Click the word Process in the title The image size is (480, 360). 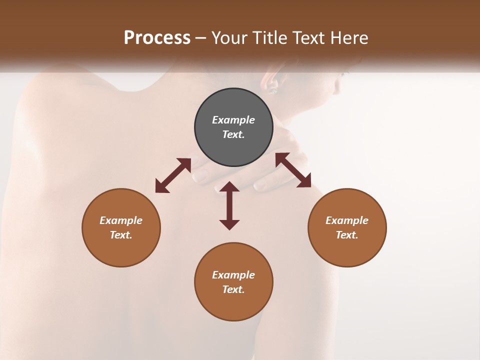pyautogui.click(x=157, y=38)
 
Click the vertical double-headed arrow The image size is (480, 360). pyautogui.click(x=229, y=205)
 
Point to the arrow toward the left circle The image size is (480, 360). pyautogui.click(x=173, y=175)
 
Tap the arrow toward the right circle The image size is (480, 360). pyautogui.click(x=293, y=170)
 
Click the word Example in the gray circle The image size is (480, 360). pyautogui.click(x=233, y=120)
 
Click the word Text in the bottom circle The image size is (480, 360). pyautogui.click(x=233, y=289)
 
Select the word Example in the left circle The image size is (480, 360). pyautogui.click(x=121, y=220)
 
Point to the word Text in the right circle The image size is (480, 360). pyautogui.click(x=347, y=235)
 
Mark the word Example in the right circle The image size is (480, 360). pyautogui.click(x=347, y=220)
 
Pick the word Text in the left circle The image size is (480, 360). pyautogui.click(x=121, y=235)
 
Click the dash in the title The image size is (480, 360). pyautogui.click(x=201, y=38)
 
